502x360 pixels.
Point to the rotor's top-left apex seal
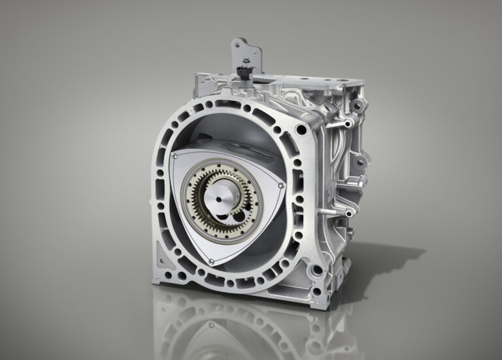coord(175,157)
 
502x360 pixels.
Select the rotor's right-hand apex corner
coord(282,188)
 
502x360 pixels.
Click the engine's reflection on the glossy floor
coord(248,327)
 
